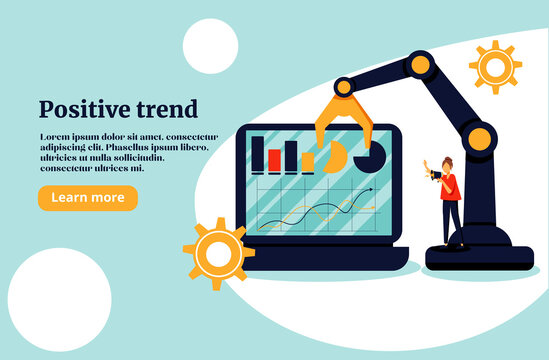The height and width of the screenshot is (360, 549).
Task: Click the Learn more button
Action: (x=87, y=198)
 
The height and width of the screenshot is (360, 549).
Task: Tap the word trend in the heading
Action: (x=166, y=109)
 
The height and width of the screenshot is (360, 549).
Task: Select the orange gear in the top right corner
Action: (x=495, y=67)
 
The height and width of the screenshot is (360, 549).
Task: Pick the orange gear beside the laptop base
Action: (x=217, y=254)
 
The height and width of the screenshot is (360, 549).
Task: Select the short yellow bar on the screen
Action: (x=308, y=162)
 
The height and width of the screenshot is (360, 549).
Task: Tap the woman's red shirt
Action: (x=450, y=184)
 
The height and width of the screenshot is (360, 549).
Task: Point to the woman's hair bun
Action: (x=443, y=157)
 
